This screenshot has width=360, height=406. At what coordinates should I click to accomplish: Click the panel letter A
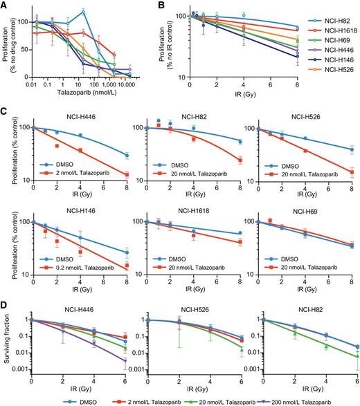[x=6, y=6]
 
